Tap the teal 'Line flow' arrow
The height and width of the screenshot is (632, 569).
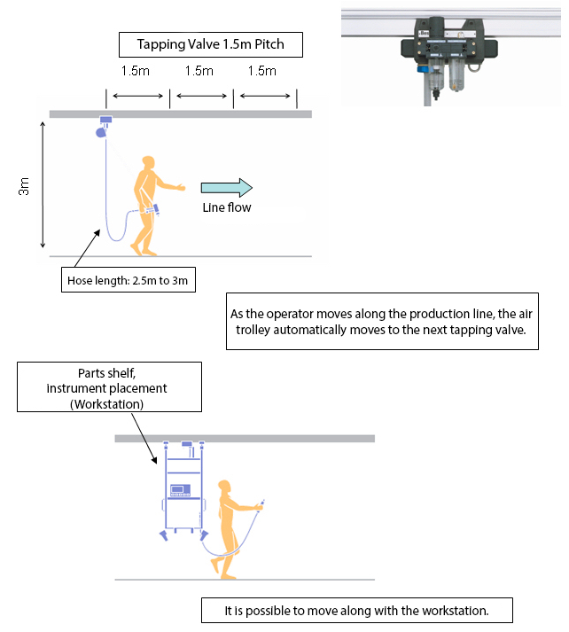pos(227,187)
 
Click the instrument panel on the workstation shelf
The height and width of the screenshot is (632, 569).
pos(182,489)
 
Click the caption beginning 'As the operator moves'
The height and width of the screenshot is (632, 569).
pos(383,321)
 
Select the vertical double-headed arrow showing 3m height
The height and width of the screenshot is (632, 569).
pos(43,186)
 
